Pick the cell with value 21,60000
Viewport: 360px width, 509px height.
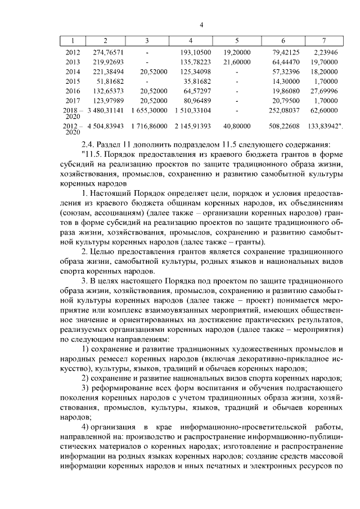[x=236, y=61]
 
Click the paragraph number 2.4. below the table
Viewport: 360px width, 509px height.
[x=89, y=145]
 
